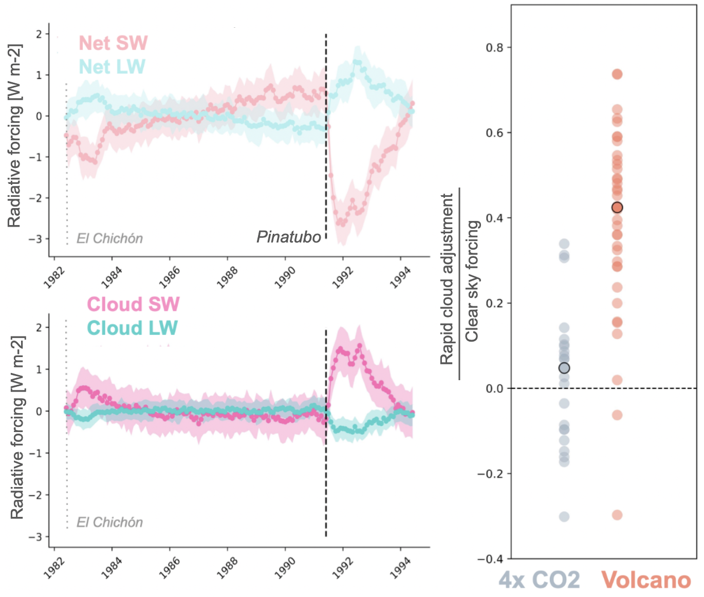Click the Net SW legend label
click(113, 43)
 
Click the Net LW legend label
click(112, 67)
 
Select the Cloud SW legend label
click(133, 304)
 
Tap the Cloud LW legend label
click(132, 328)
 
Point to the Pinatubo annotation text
click(288, 237)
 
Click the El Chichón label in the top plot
click(109, 238)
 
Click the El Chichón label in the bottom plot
click(109, 523)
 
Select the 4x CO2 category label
click(539, 580)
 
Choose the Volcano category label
click(646, 580)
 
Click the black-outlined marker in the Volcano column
click(617, 208)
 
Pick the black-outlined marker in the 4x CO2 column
click(564, 368)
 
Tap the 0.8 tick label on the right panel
click(494, 48)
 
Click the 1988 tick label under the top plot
click(227, 277)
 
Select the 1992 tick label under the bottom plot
click(342, 568)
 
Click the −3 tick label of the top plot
click(35, 239)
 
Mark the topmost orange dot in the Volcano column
click(617, 74)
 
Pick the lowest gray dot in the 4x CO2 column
click(564, 516)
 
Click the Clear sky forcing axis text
click(472, 281)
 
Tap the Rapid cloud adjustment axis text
click(447, 279)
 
